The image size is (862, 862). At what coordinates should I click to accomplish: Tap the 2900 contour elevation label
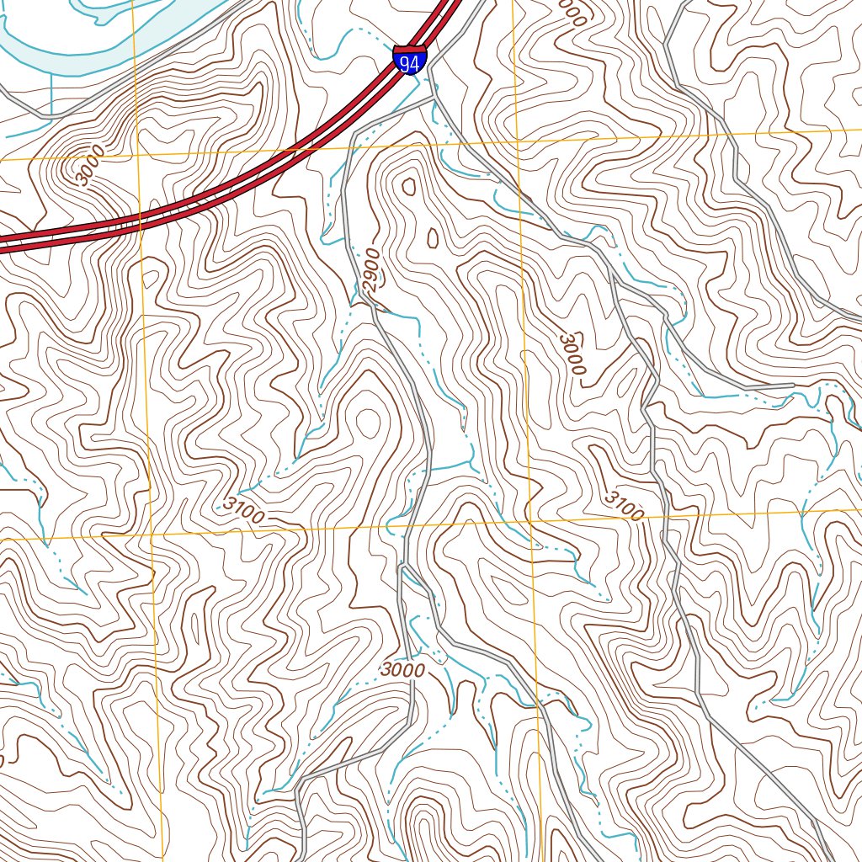click(373, 270)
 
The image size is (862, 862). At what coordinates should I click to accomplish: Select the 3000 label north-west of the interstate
click(88, 166)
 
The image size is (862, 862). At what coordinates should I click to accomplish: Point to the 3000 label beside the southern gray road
click(402, 670)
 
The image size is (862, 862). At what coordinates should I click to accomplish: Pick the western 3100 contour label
click(244, 509)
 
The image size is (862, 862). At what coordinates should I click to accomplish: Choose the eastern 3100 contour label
click(624, 503)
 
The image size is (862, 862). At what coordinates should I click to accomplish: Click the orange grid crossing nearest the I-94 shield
click(515, 140)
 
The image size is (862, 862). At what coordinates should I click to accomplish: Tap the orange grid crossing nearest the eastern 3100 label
click(529, 522)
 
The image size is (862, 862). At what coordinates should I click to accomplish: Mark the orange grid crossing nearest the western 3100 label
click(152, 535)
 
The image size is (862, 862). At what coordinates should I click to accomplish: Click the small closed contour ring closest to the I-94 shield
click(410, 186)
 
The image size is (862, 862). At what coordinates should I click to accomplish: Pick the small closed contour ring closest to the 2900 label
click(432, 239)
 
